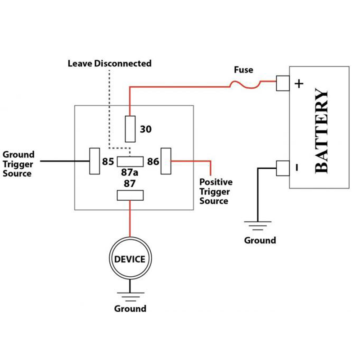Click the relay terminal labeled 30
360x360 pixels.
pyautogui.click(x=130, y=128)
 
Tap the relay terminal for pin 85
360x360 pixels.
pyautogui.click(x=95, y=161)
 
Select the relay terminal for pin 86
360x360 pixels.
pyautogui.click(x=166, y=161)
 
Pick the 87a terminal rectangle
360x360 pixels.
pyautogui.click(x=130, y=162)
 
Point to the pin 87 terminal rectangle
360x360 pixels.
pyautogui.click(x=130, y=195)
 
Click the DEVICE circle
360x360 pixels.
pyautogui.click(x=130, y=259)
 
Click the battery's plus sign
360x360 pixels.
pyautogui.click(x=299, y=84)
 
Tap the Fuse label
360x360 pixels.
pyautogui.click(x=243, y=70)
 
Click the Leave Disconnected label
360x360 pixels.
pyautogui.click(x=109, y=63)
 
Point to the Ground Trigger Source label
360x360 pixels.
pyautogui.click(x=18, y=164)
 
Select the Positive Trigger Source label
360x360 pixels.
pyautogui.click(x=216, y=191)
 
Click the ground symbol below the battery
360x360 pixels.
pyautogui.click(x=257, y=224)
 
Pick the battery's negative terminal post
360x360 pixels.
pyautogui.click(x=282, y=168)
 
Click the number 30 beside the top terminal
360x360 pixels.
pyautogui.click(x=146, y=130)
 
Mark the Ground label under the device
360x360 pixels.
pyautogui.click(x=130, y=309)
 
